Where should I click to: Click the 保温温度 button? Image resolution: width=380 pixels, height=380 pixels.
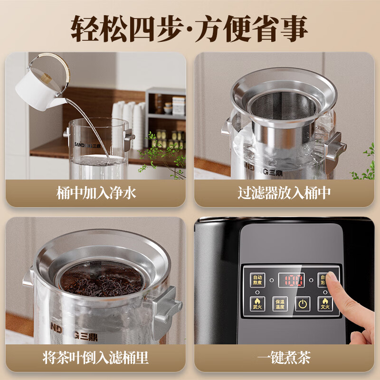click(279, 304)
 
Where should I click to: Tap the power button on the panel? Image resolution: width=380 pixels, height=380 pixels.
click(302, 304)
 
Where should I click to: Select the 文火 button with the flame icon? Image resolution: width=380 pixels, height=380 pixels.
click(325, 304)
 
